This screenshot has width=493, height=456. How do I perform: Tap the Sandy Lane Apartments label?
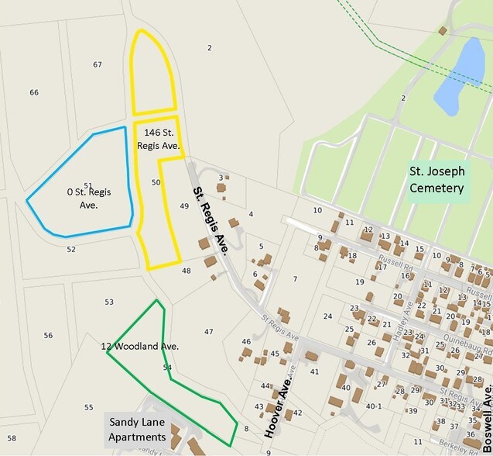point(136,429)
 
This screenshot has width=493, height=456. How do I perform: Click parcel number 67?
point(98,64)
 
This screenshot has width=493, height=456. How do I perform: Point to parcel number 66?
point(34,92)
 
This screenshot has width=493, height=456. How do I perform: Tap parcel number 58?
point(11,439)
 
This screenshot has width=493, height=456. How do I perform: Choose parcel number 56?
point(48,335)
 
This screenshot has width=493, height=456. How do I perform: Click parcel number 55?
point(88,407)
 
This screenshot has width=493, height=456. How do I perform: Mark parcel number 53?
point(109,302)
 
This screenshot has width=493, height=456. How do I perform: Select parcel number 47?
point(208,332)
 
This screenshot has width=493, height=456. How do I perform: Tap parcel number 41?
point(314,371)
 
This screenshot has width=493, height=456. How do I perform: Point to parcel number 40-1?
point(375,406)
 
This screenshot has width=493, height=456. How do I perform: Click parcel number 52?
point(71,249)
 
